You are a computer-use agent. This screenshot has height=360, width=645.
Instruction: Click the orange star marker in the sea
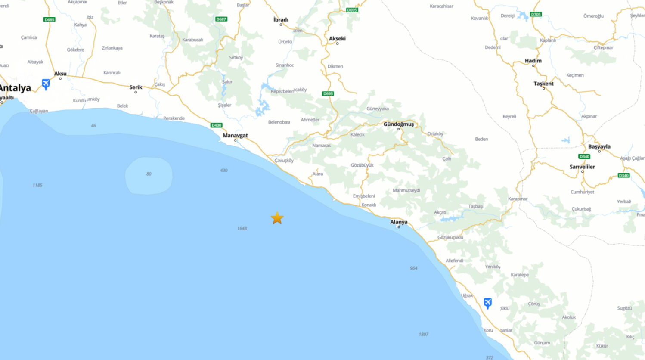pos(277,218)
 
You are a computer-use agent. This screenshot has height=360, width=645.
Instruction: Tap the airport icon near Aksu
pos(46,84)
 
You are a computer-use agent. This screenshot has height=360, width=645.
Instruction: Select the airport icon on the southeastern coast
pos(487,303)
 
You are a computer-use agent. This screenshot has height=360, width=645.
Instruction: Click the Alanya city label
pos(399,222)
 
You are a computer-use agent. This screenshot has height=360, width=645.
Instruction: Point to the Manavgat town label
pos(235,135)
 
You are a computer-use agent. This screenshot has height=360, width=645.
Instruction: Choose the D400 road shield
pos(216,125)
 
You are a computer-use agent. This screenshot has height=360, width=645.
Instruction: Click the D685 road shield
pos(50,19)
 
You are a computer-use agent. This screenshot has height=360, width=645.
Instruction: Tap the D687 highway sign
pos(221,19)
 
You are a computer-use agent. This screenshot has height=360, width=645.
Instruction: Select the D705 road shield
pos(536,14)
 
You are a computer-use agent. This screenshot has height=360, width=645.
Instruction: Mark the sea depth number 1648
pos(242,228)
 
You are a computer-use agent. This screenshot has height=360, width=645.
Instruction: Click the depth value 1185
pos(37,185)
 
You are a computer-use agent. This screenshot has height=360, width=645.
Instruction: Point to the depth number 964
pos(413,268)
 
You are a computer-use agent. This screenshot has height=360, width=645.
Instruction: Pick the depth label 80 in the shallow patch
pos(149,174)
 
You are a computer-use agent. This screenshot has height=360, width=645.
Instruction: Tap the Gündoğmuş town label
pos(398,124)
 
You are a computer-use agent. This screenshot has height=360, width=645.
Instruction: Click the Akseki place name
pos(337,39)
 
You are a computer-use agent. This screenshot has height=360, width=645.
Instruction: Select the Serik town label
pos(136,87)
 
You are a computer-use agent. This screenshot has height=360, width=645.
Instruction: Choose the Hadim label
pos(533,61)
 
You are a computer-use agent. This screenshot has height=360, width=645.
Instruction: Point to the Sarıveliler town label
pos(582,167)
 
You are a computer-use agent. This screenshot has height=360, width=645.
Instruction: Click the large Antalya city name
pos(15,88)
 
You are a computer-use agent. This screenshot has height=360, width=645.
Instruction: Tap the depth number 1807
pos(423,335)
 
